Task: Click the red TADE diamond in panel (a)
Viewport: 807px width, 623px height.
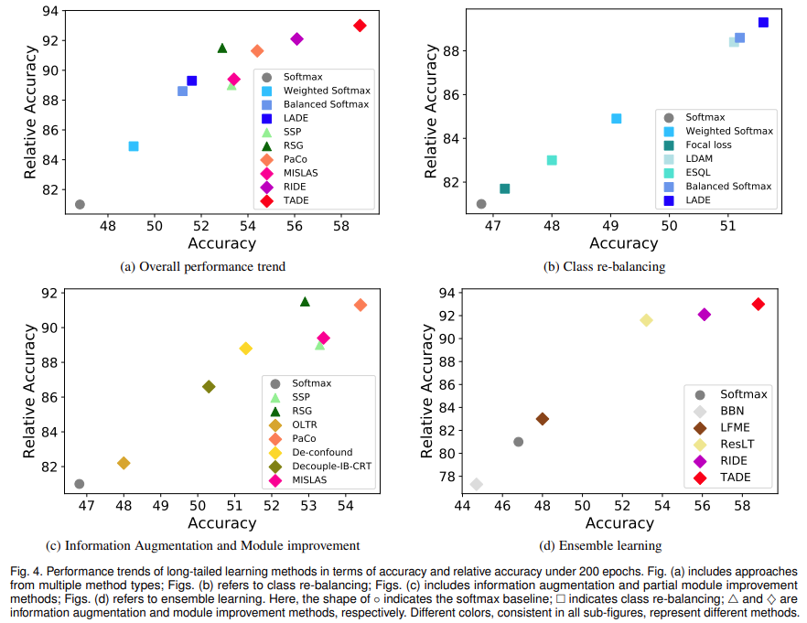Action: pyautogui.click(x=360, y=26)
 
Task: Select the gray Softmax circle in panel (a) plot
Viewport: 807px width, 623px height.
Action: pyautogui.click(x=80, y=204)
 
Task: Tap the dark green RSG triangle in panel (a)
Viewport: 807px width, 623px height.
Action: pyautogui.click(x=222, y=48)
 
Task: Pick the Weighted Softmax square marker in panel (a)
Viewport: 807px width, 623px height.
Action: pyautogui.click(x=134, y=145)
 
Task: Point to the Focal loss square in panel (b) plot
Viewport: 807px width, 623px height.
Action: pyautogui.click(x=504, y=188)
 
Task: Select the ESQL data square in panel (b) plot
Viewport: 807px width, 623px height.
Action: pyautogui.click(x=552, y=160)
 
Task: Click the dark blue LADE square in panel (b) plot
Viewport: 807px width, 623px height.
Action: pyautogui.click(x=763, y=22)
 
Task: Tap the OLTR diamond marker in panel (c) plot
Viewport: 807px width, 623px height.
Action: pyautogui.click(x=124, y=463)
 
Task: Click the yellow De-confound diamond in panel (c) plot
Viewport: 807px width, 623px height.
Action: pyautogui.click(x=245, y=349)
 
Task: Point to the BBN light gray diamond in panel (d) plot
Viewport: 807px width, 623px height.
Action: pyautogui.click(x=476, y=484)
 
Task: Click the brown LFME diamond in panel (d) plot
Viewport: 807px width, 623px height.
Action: pyautogui.click(x=543, y=419)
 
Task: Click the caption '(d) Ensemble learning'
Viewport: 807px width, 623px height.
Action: pyautogui.click(x=600, y=546)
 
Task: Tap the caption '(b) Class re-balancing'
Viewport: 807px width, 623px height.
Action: pyautogui.click(x=604, y=266)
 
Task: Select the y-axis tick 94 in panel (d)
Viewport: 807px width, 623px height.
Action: pyautogui.click(x=446, y=294)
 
